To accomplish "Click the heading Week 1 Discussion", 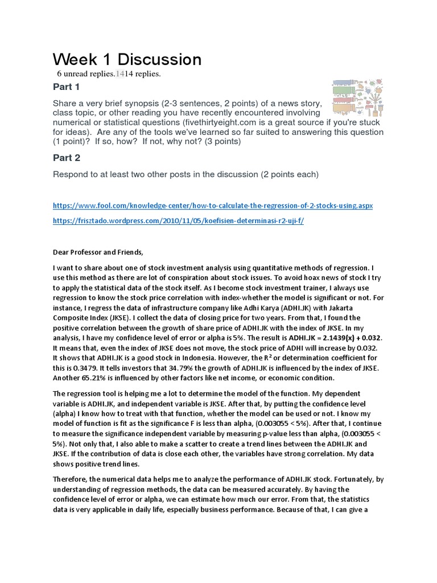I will point(127,59).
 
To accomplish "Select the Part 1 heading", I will point(67,87).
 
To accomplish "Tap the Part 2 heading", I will point(67,158).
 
